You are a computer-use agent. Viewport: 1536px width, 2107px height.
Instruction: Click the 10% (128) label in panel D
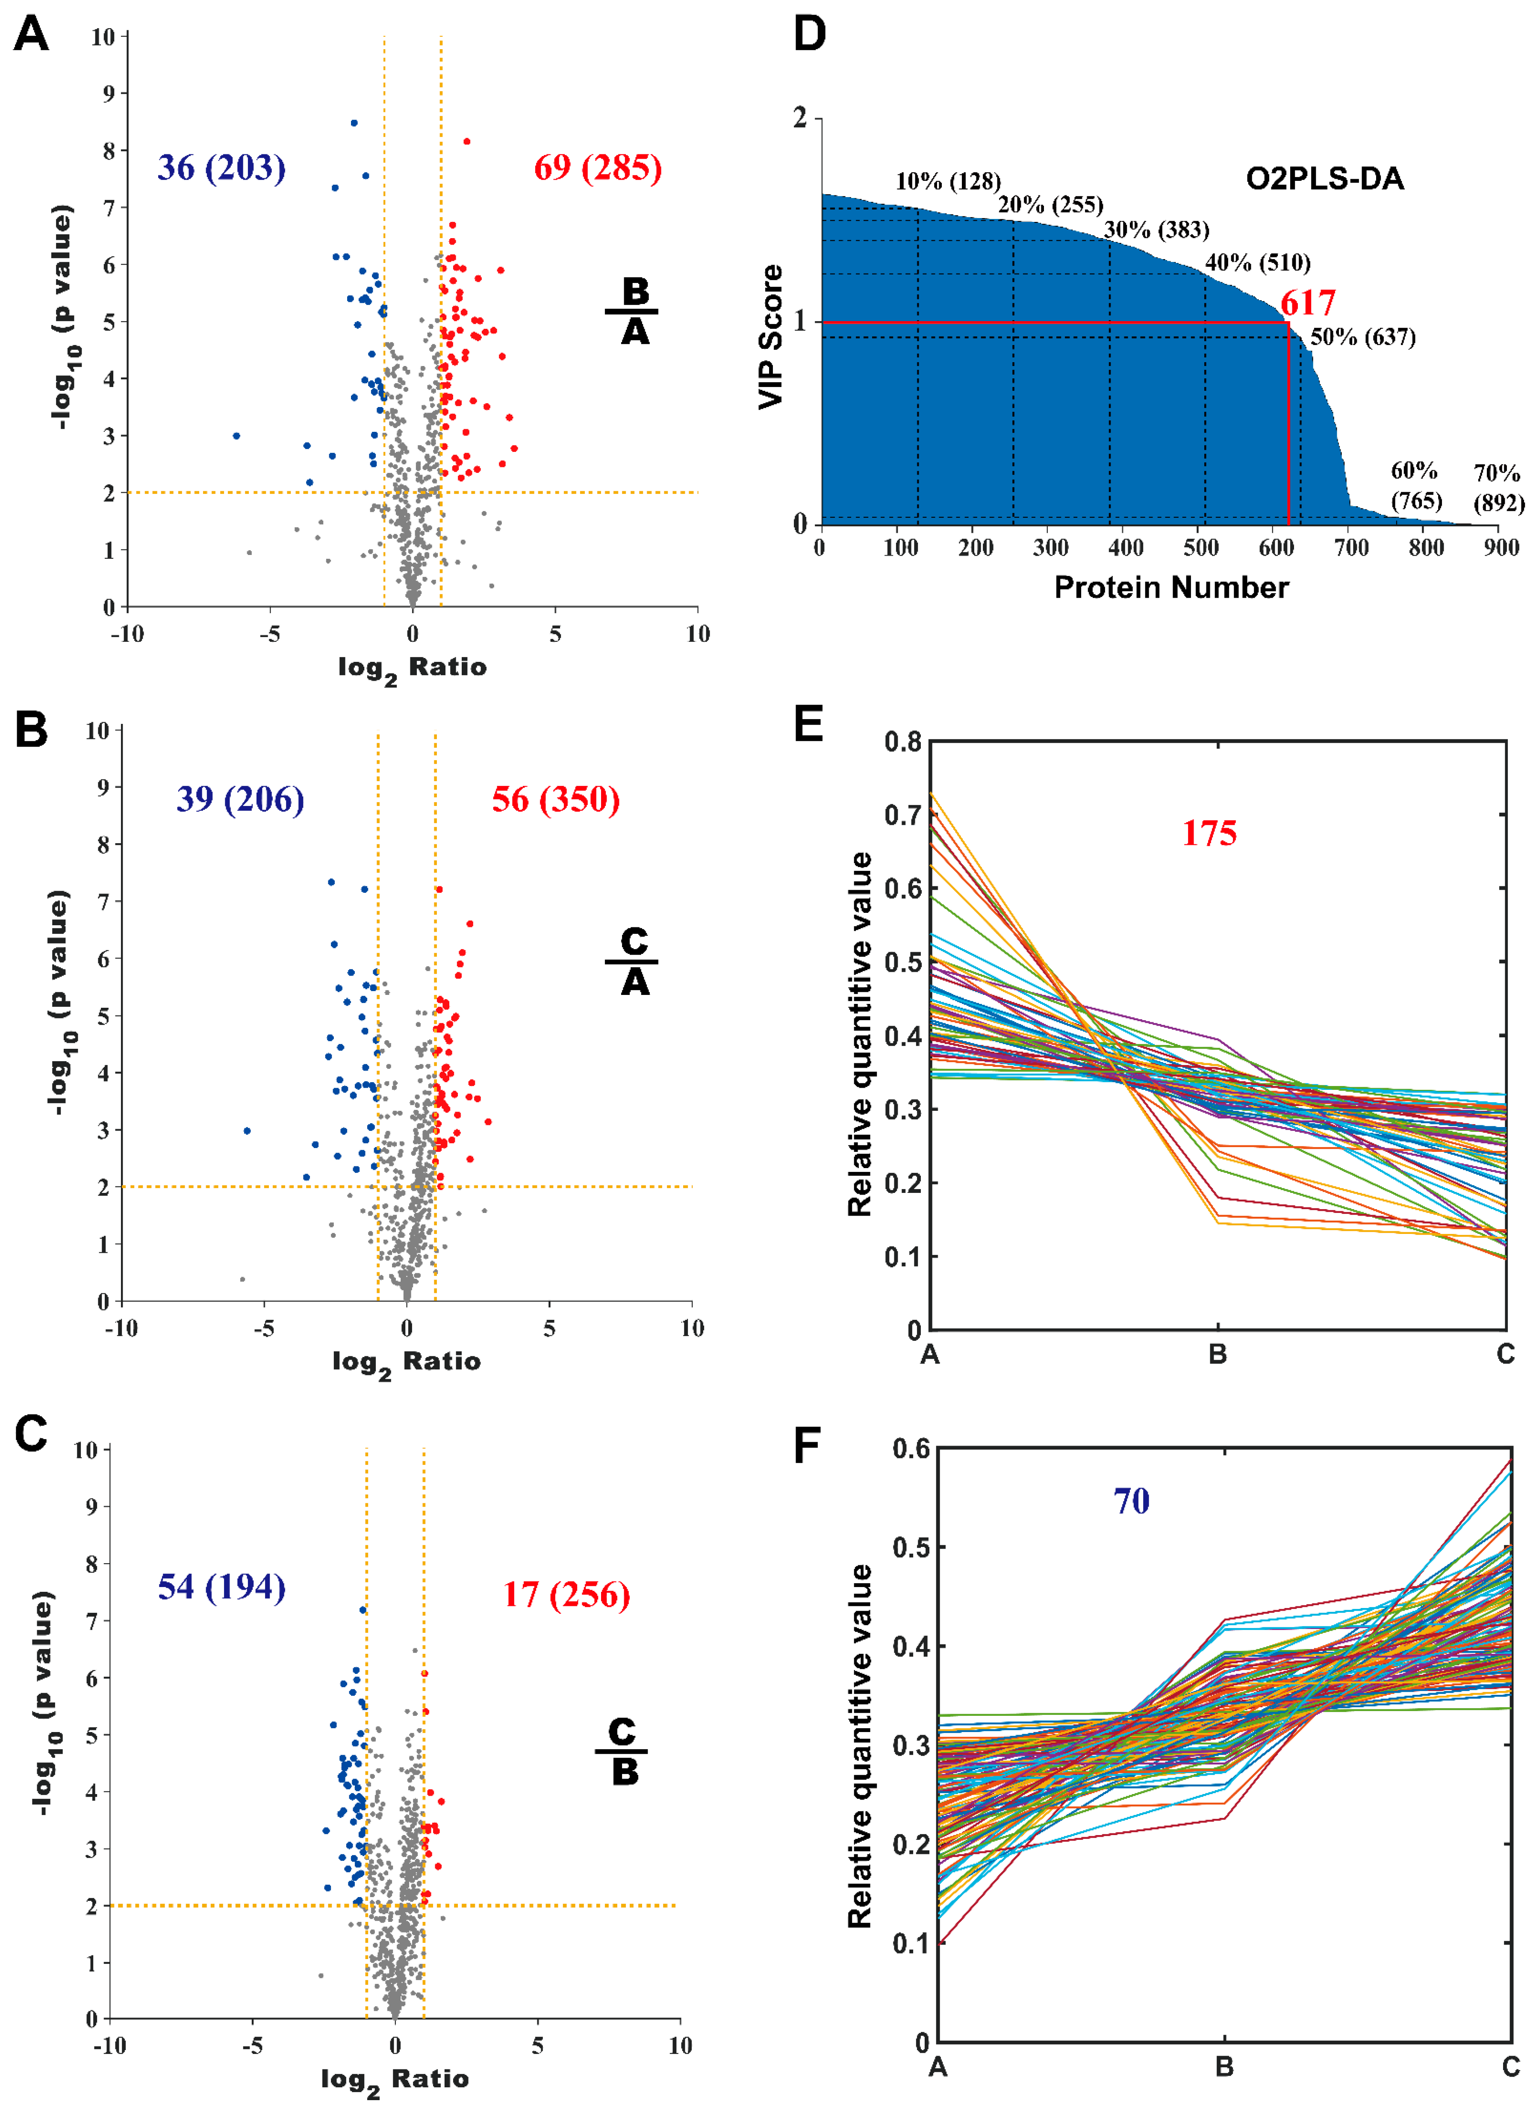[x=947, y=181]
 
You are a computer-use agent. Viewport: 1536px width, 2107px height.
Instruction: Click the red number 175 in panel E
[x=1209, y=833]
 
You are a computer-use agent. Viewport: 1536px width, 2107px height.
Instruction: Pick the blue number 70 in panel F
[x=1132, y=1501]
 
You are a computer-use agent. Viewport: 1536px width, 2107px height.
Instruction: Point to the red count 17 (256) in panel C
[x=566, y=1595]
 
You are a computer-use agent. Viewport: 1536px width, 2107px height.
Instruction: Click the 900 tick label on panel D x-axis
[x=1501, y=548]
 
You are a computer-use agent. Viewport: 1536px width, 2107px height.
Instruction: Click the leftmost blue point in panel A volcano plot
[x=236, y=435]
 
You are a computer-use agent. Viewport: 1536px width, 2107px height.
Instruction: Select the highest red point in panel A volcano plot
[x=467, y=142]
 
